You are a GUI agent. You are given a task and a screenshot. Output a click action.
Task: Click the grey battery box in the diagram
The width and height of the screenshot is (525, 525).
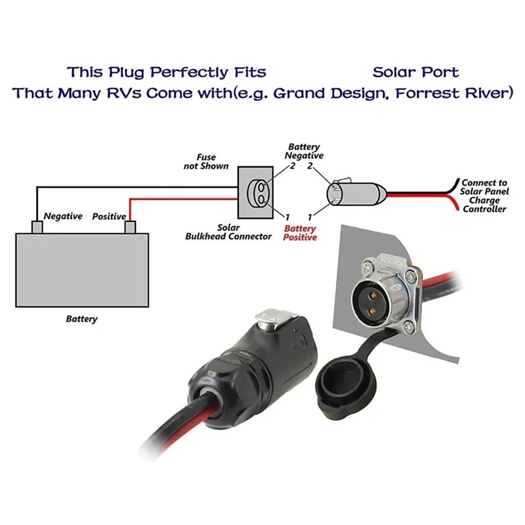82,270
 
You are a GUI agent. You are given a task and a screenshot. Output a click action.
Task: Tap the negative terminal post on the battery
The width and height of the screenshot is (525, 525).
37,227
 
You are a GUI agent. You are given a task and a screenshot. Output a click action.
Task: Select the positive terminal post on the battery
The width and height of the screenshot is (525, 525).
130,227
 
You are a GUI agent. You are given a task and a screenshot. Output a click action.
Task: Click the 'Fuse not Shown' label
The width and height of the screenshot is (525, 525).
206,161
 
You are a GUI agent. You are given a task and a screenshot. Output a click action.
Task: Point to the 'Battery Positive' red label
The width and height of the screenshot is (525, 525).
300,233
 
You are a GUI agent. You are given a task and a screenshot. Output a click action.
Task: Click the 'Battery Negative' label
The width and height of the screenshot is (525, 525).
304,152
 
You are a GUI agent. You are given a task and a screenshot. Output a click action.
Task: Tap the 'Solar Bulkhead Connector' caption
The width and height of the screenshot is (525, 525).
228,232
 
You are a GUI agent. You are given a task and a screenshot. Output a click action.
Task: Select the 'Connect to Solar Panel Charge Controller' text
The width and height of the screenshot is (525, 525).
484,196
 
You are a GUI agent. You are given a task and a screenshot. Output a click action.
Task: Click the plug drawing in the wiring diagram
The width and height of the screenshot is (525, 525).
356,194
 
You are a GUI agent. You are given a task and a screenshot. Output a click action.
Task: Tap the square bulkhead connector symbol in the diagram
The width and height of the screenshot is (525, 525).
255,192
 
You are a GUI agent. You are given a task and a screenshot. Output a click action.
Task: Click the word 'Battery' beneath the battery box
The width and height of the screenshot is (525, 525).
81,319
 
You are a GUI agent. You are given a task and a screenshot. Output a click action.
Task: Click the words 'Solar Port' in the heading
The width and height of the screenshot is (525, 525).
416,72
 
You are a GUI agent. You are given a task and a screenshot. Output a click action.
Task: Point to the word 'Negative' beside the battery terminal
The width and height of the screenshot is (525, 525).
63,217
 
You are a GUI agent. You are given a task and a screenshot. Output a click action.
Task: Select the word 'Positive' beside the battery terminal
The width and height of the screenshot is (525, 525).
109,217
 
